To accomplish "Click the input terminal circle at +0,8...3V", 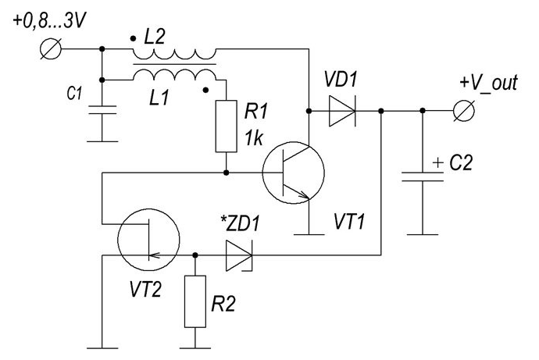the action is (x=51, y=48).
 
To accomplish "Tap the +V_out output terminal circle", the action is (x=464, y=111).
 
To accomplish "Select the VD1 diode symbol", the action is (x=342, y=111).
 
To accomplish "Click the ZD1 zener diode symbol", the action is (x=239, y=255).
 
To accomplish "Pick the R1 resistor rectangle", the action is (x=227, y=126).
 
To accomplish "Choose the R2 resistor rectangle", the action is (x=195, y=301).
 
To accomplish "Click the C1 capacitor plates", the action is (x=102, y=110).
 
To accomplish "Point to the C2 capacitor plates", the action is (x=423, y=176).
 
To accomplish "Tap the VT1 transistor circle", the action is (x=293, y=173).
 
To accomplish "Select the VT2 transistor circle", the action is (x=148, y=240).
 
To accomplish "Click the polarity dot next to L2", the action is (x=133, y=38).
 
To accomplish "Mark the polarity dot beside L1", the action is (x=205, y=90).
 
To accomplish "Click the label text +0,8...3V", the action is (x=48, y=21).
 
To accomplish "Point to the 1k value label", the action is (x=254, y=139).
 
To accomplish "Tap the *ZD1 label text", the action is (x=240, y=223).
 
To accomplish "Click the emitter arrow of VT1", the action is (x=304, y=194).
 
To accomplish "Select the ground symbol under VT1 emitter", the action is (x=309, y=234).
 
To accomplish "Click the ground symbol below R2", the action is (x=195, y=348).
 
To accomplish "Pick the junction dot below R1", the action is (x=227, y=173).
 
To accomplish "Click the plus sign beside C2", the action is (x=438, y=162).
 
